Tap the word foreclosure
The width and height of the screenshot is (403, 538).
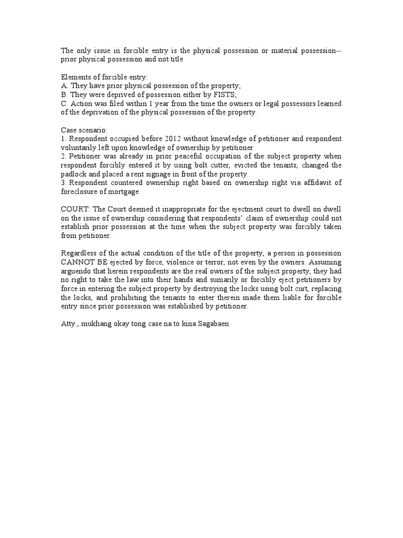tap(81, 192)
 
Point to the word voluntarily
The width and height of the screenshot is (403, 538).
tap(80, 148)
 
